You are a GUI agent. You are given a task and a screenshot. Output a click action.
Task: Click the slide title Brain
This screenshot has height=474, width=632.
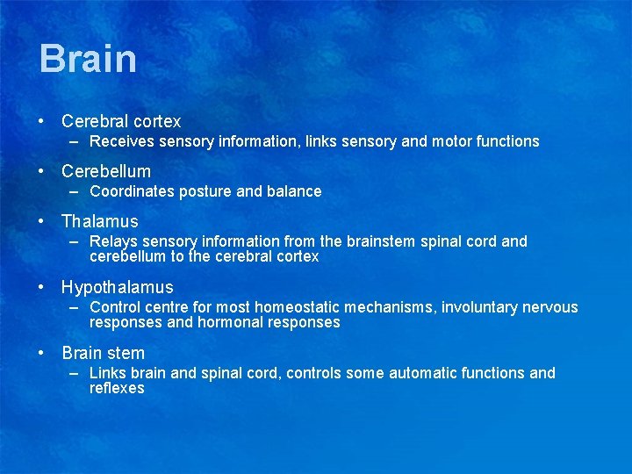click(88, 60)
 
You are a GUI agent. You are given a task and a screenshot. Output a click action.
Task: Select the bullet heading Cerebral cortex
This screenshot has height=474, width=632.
click(121, 122)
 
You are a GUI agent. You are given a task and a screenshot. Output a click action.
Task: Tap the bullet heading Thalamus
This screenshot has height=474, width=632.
click(100, 222)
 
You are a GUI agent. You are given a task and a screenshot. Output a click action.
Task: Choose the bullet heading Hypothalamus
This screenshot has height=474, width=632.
click(118, 287)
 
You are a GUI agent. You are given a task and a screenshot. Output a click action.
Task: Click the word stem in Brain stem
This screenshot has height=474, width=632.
click(127, 354)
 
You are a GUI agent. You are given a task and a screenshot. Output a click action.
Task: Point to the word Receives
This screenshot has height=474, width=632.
click(118, 141)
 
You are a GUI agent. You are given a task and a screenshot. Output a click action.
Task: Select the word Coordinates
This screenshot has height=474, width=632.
click(132, 191)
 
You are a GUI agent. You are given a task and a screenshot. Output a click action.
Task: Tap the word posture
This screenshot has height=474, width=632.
click(205, 191)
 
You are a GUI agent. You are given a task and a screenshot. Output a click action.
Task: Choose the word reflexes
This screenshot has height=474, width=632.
click(117, 388)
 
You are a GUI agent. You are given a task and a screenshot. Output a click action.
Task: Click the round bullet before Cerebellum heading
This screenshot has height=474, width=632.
click(43, 172)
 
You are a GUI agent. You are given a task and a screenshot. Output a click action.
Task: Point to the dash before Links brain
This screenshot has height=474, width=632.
click(76, 373)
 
